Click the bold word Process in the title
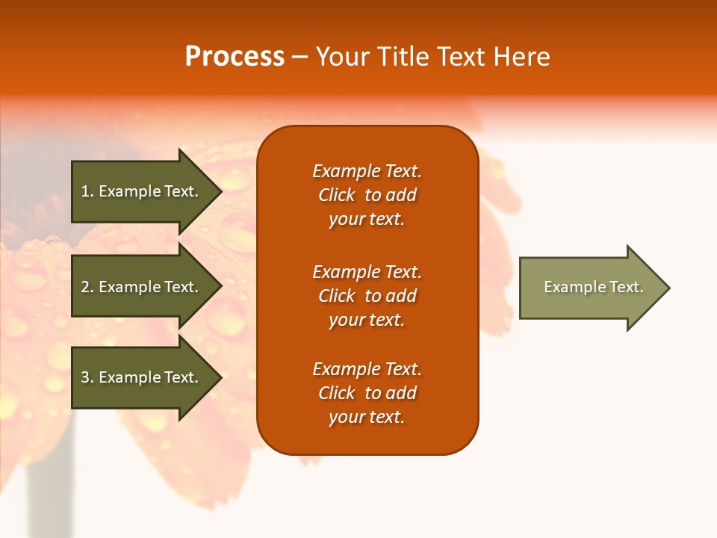pyautogui.click(x=235, y=57)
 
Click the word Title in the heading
pyautogui.click(x=402, y=57)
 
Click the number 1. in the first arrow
pyautogui.click(x=87, y=191)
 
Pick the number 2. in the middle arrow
pyautogui.click(x=87, y=287)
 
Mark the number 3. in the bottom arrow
pyautogui.click(x=87, y=377)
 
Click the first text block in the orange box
pyautogui.click(x=367, y=195)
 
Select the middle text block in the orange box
pyautogui.click(x=367, y=296)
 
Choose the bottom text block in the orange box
pyautogui.click(x=367, y=393)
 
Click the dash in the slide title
pyautogui.click(x=299, y=58)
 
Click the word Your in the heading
pyautogui.click(x=343, y=57)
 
